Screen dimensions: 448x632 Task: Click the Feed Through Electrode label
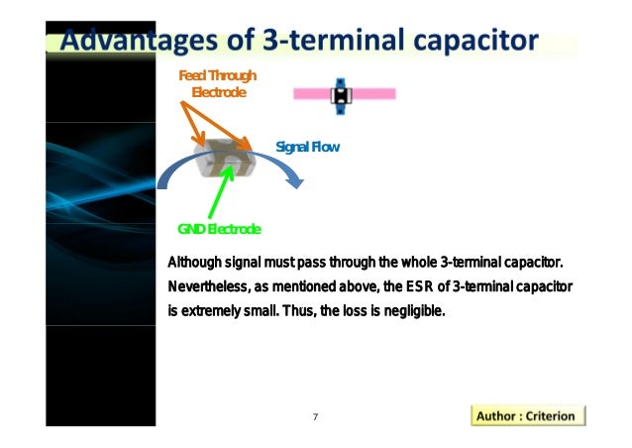(216, 83)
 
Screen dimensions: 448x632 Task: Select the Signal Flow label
(307, 147)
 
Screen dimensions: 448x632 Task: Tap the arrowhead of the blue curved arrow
(293, 178)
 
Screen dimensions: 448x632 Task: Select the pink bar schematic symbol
(344, 94)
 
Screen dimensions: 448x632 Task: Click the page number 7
(315, 416)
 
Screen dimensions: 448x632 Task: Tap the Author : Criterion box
(525, 415)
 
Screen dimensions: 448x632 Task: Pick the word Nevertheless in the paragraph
(201, 287)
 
